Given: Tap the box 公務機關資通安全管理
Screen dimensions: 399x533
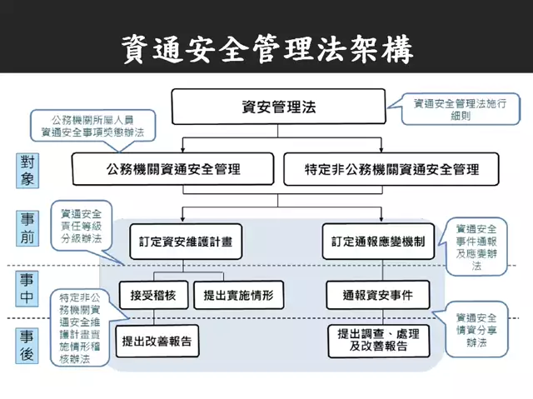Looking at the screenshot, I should (x=172, y=169).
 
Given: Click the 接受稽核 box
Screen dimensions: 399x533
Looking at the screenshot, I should (x=152, y=295).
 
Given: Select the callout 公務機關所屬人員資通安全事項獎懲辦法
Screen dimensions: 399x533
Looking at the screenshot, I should (x=92, y=127).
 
